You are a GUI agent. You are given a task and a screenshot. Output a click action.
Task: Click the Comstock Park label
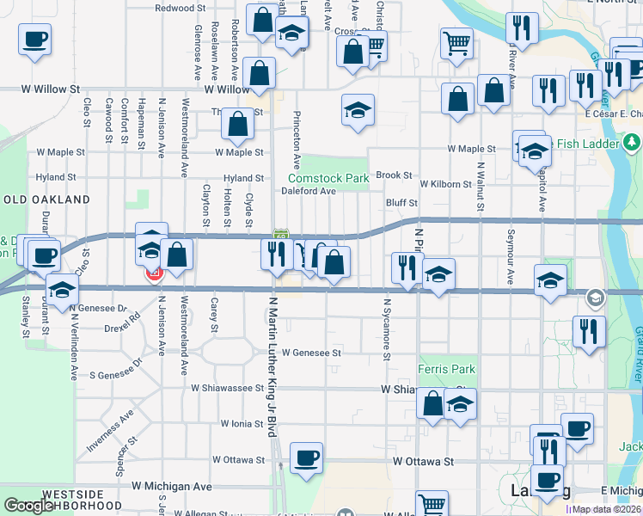(328, 178)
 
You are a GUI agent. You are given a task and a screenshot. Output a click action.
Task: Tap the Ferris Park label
(446, 369)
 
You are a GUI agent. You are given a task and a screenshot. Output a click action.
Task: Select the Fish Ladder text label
(587, 143)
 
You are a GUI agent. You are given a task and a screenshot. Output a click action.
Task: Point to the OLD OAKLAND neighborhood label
(46, 200)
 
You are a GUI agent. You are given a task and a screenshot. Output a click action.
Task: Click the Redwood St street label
(181, 8)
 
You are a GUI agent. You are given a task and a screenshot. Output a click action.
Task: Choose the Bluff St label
(401, 203)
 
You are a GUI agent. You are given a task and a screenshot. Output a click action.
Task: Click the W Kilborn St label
(445, 184)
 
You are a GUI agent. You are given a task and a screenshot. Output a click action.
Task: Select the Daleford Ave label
(308, 191)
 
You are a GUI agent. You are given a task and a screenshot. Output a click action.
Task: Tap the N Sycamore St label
(388, 330)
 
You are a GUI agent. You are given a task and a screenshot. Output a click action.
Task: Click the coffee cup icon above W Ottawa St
(305, 457)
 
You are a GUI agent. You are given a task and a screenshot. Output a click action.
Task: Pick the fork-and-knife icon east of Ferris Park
(589, 331)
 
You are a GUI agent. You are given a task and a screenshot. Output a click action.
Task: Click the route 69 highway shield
(280, 235)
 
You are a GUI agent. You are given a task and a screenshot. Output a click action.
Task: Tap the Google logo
(29, 507)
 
